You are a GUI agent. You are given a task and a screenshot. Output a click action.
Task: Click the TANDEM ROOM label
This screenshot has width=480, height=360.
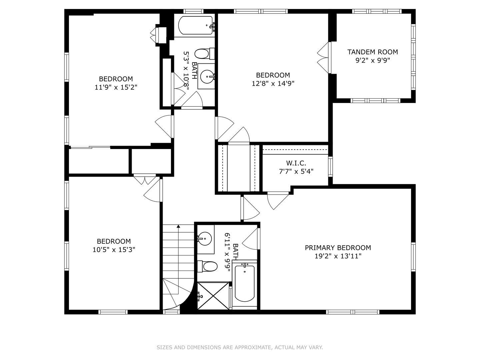pos(372,52)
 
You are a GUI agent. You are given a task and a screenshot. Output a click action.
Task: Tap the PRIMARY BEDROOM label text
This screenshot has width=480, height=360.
pos(338,248)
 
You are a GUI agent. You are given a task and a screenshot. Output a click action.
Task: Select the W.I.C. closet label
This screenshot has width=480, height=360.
pos(296,163)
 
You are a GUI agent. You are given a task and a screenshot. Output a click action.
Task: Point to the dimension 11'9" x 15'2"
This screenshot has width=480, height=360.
pos(116,87)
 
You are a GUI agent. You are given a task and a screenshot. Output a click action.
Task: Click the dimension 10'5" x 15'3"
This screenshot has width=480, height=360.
pos(114,250)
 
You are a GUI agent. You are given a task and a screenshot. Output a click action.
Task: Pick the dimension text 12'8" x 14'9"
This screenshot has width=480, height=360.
pos(273,83)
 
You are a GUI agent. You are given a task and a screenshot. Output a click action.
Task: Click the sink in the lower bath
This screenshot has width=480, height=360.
pos(205,238)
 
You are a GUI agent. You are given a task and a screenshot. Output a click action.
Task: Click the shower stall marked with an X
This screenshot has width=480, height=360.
pos(213,296)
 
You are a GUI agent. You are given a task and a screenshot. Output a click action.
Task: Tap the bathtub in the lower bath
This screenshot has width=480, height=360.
pos(245,283)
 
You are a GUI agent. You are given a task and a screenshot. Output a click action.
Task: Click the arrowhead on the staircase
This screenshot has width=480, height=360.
pos(178,226)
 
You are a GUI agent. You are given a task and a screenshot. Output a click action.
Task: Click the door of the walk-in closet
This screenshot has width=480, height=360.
pos(277,201)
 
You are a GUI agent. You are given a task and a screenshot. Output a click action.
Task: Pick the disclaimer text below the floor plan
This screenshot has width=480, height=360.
pos(240,347)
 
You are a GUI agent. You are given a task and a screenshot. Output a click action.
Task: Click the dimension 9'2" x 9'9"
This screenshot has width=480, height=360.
pos(372,61)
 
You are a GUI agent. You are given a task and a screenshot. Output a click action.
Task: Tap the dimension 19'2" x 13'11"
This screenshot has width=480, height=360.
pos(338,256)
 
